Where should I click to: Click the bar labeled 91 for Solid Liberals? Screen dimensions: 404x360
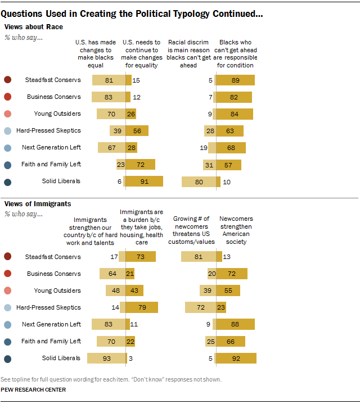click(x=144, y=181)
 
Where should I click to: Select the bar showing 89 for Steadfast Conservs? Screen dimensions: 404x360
click(x=236, y=80)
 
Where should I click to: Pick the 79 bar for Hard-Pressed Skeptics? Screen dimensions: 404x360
click(x=142, y=307)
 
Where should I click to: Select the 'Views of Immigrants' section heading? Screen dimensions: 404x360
click(x=38, y=203)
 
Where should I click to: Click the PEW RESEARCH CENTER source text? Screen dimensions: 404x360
click(x=34, y=389)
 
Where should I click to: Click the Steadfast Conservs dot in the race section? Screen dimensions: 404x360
click(x=7, y=80)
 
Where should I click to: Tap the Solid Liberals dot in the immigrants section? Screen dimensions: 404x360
click(x=7, y=358)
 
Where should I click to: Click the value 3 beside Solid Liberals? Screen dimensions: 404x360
click(x=130, y=358)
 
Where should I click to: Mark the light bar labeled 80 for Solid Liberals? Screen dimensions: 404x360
click(x=199, y=181)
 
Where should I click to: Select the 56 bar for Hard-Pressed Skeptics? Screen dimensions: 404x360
click(x=137, y=130)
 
